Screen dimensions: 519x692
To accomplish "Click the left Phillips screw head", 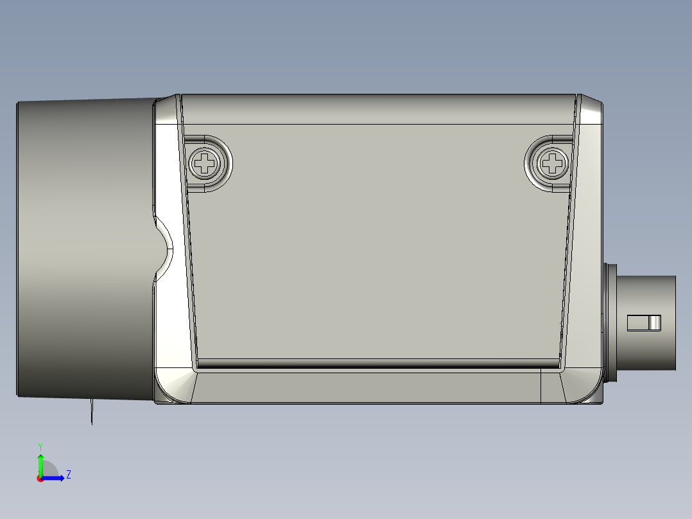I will pos(205,163).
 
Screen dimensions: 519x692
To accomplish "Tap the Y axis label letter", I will pos(40,446).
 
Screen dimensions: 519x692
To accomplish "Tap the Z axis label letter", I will pos(68,475).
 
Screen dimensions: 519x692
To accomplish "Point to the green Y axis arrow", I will pos(40,464).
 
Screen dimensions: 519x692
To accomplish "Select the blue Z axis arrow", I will pos(55,478).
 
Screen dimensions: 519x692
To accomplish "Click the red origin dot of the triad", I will pos(40,479).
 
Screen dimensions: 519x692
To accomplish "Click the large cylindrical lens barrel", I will pos(83,247).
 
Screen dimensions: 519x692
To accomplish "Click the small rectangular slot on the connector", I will pos(643,322).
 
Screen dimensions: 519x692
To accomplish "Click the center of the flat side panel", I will pos(379,244).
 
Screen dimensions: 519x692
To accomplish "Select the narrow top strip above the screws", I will pos(379,109).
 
